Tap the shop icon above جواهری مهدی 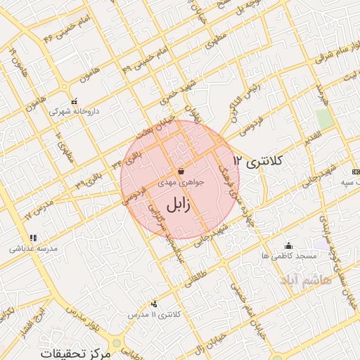pos(181,171)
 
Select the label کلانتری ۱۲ pos(257,160)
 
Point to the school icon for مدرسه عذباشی pos(32,238)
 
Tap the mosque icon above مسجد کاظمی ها pos(288,245)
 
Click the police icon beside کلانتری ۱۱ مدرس pos(155,304)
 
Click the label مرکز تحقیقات pos(77,352)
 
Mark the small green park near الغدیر pos(323,118)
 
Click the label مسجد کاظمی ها pos(288,257)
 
